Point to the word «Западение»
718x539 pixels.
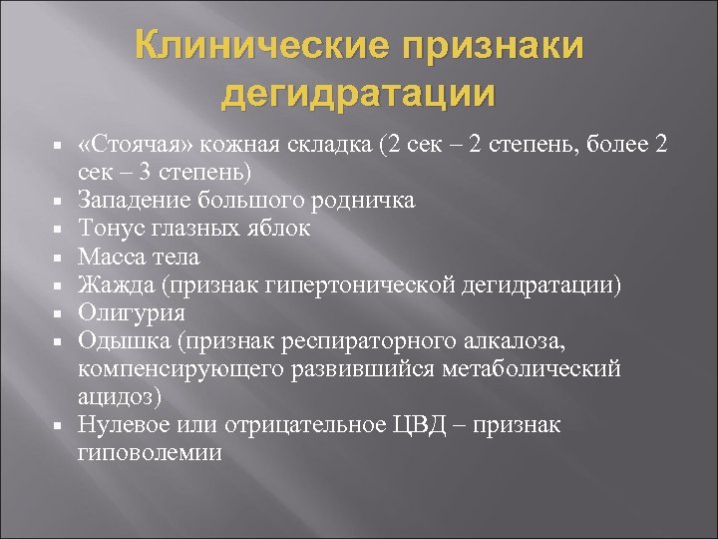[128, 201]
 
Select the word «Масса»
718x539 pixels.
[108, 257]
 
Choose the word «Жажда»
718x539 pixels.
[110, 285]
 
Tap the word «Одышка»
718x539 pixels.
[117, 341]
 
